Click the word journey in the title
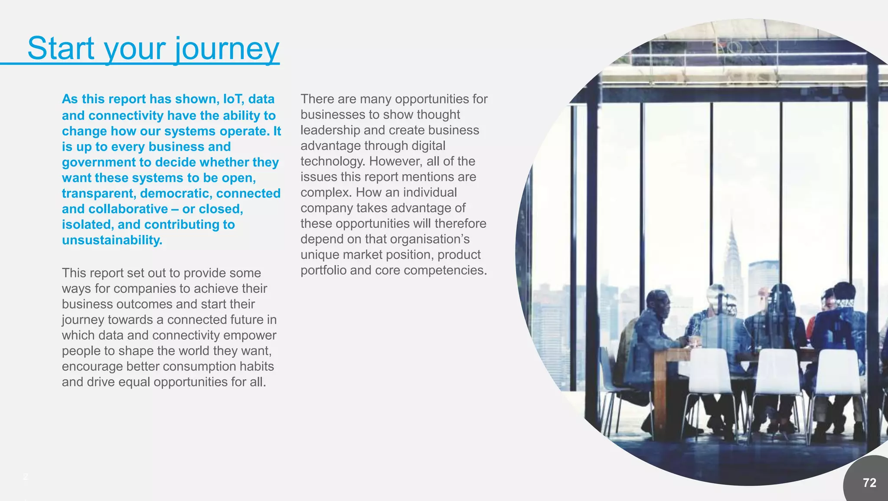227,49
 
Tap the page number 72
869,482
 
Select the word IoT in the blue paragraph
234,99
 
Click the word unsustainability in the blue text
111,240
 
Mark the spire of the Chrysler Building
732,230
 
